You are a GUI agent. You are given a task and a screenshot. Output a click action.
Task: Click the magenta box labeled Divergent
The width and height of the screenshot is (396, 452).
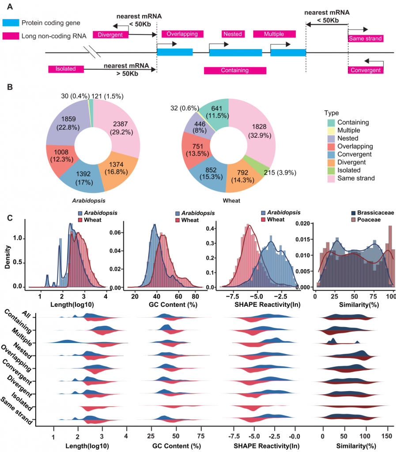click(110, 35)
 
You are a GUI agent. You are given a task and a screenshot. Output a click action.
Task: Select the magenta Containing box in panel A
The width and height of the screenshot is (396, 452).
click(235, 70)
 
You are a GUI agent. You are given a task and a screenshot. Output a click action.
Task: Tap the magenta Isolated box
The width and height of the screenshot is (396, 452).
click(66, 69)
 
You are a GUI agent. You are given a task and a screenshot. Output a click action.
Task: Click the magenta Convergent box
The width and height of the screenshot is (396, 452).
click(365, 70)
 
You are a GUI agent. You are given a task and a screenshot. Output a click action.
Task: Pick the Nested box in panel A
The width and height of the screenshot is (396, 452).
click(232, 34)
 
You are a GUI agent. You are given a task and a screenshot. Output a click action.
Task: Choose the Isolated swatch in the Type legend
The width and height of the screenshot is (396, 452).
click(331, 170)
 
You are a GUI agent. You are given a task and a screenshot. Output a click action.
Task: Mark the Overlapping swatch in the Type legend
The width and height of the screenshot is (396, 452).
click(331, 146)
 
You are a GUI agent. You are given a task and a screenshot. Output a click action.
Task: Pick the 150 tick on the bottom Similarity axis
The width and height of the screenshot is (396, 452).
click(388, 435)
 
